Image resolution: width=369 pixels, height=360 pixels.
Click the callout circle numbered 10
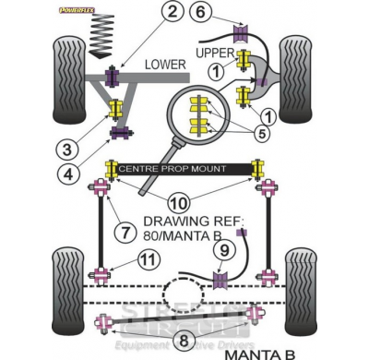[x=177, y=201]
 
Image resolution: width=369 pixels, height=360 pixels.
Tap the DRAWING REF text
[x=195, y=222]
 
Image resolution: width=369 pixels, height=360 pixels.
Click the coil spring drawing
[x=102, y=39]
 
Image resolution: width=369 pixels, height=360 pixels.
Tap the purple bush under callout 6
[x=244, y=35]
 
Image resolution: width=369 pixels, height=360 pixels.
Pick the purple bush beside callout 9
[x=221, y=281]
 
